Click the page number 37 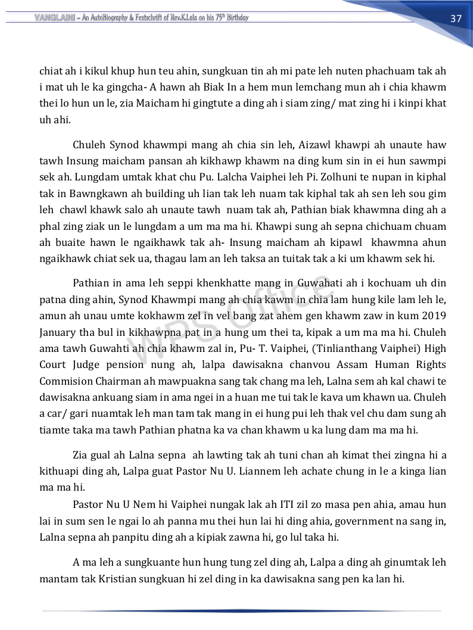pyautogui.click(x=456, y=18)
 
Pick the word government pyautogui.click(x=372, y=520)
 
